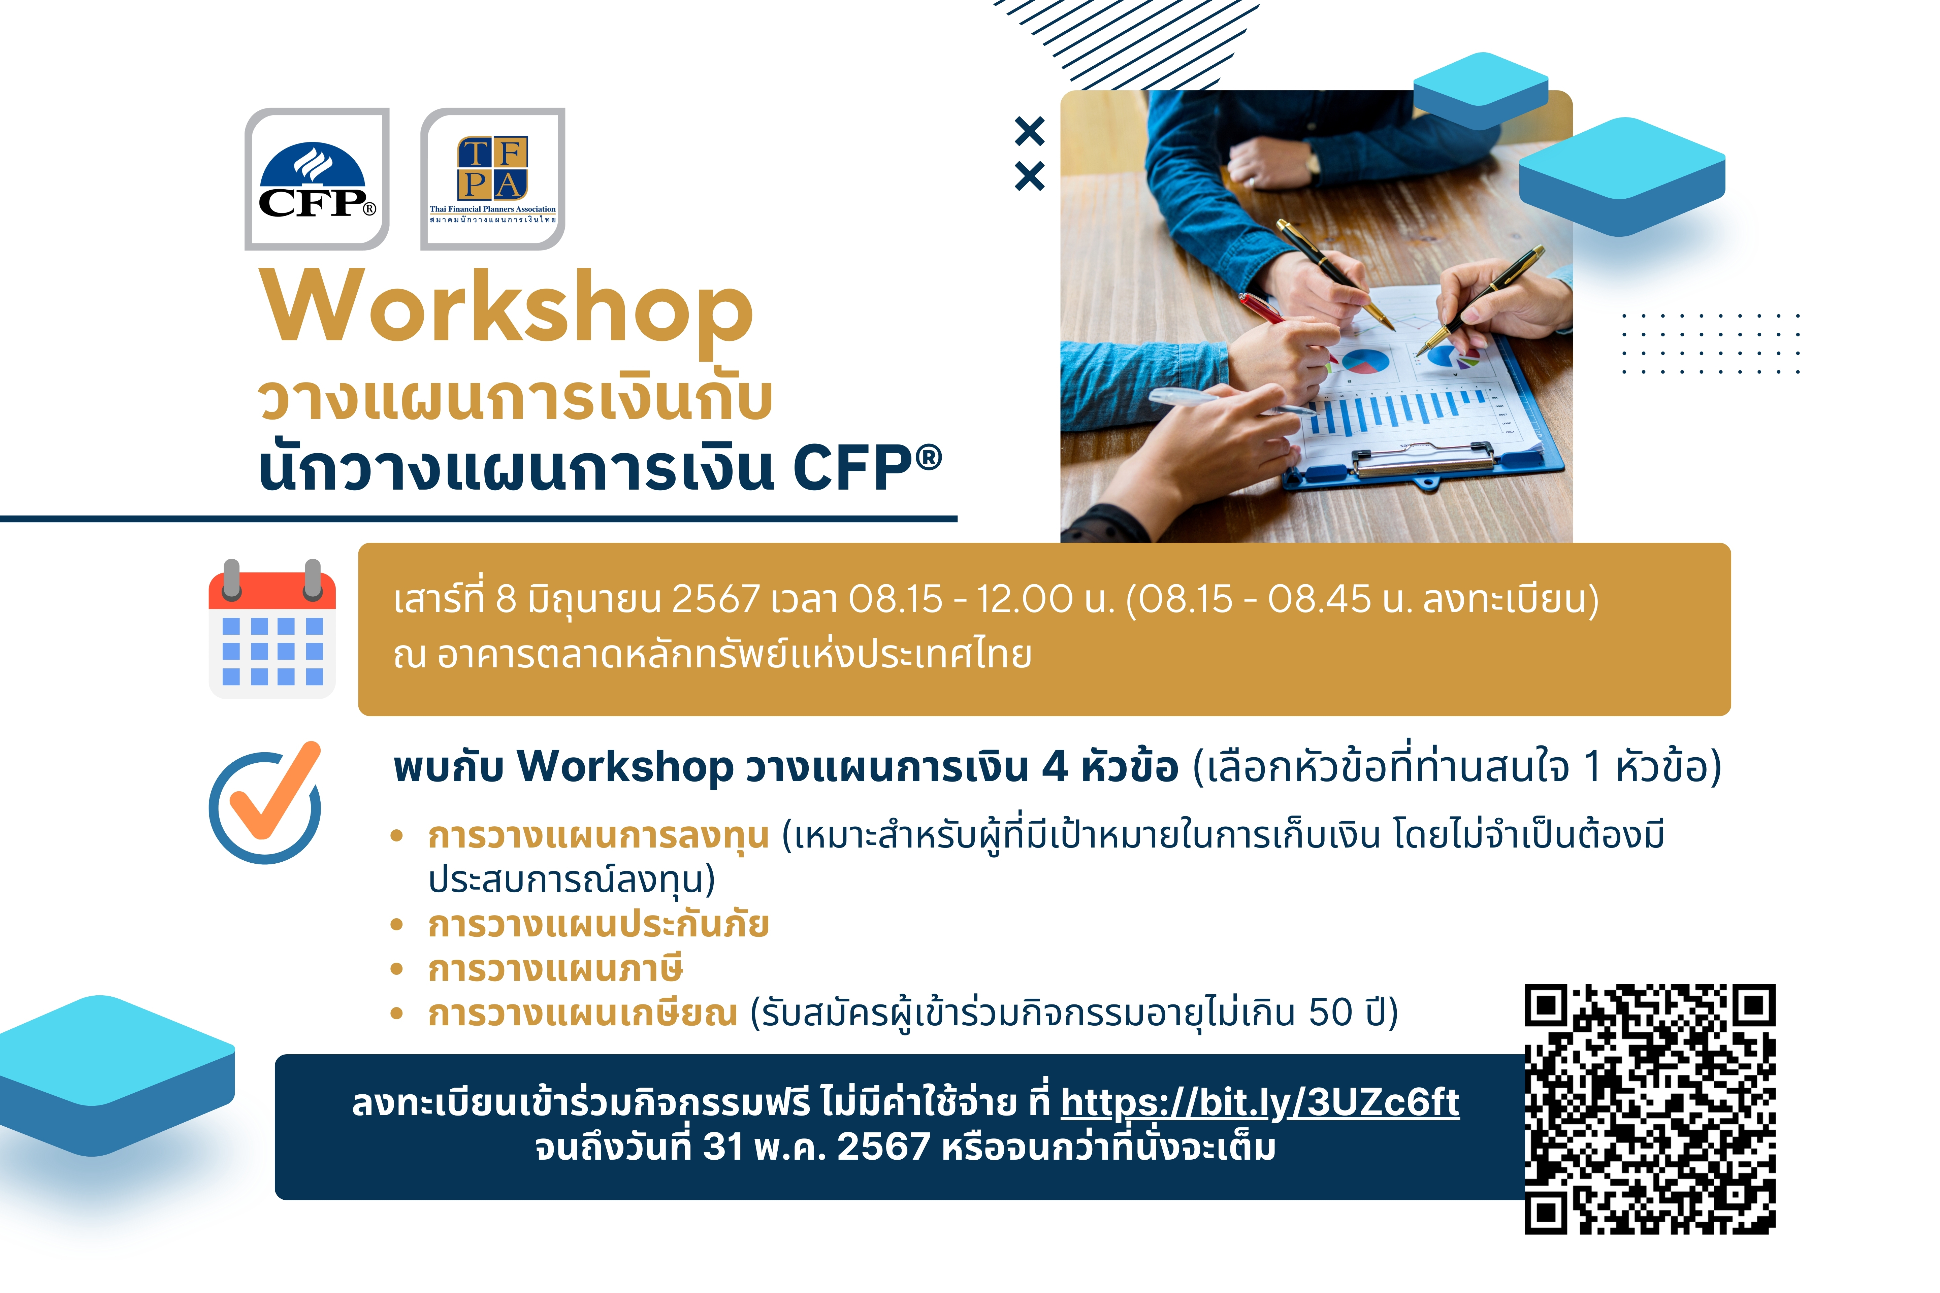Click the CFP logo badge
pyautogui.click(x=317, y=179)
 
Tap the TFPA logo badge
pyautogui.click(x=492, y=179)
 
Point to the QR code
pyautogui.click(x=1650, y=1109)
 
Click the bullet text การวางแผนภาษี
pyautogui.click(x=555, y=969)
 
